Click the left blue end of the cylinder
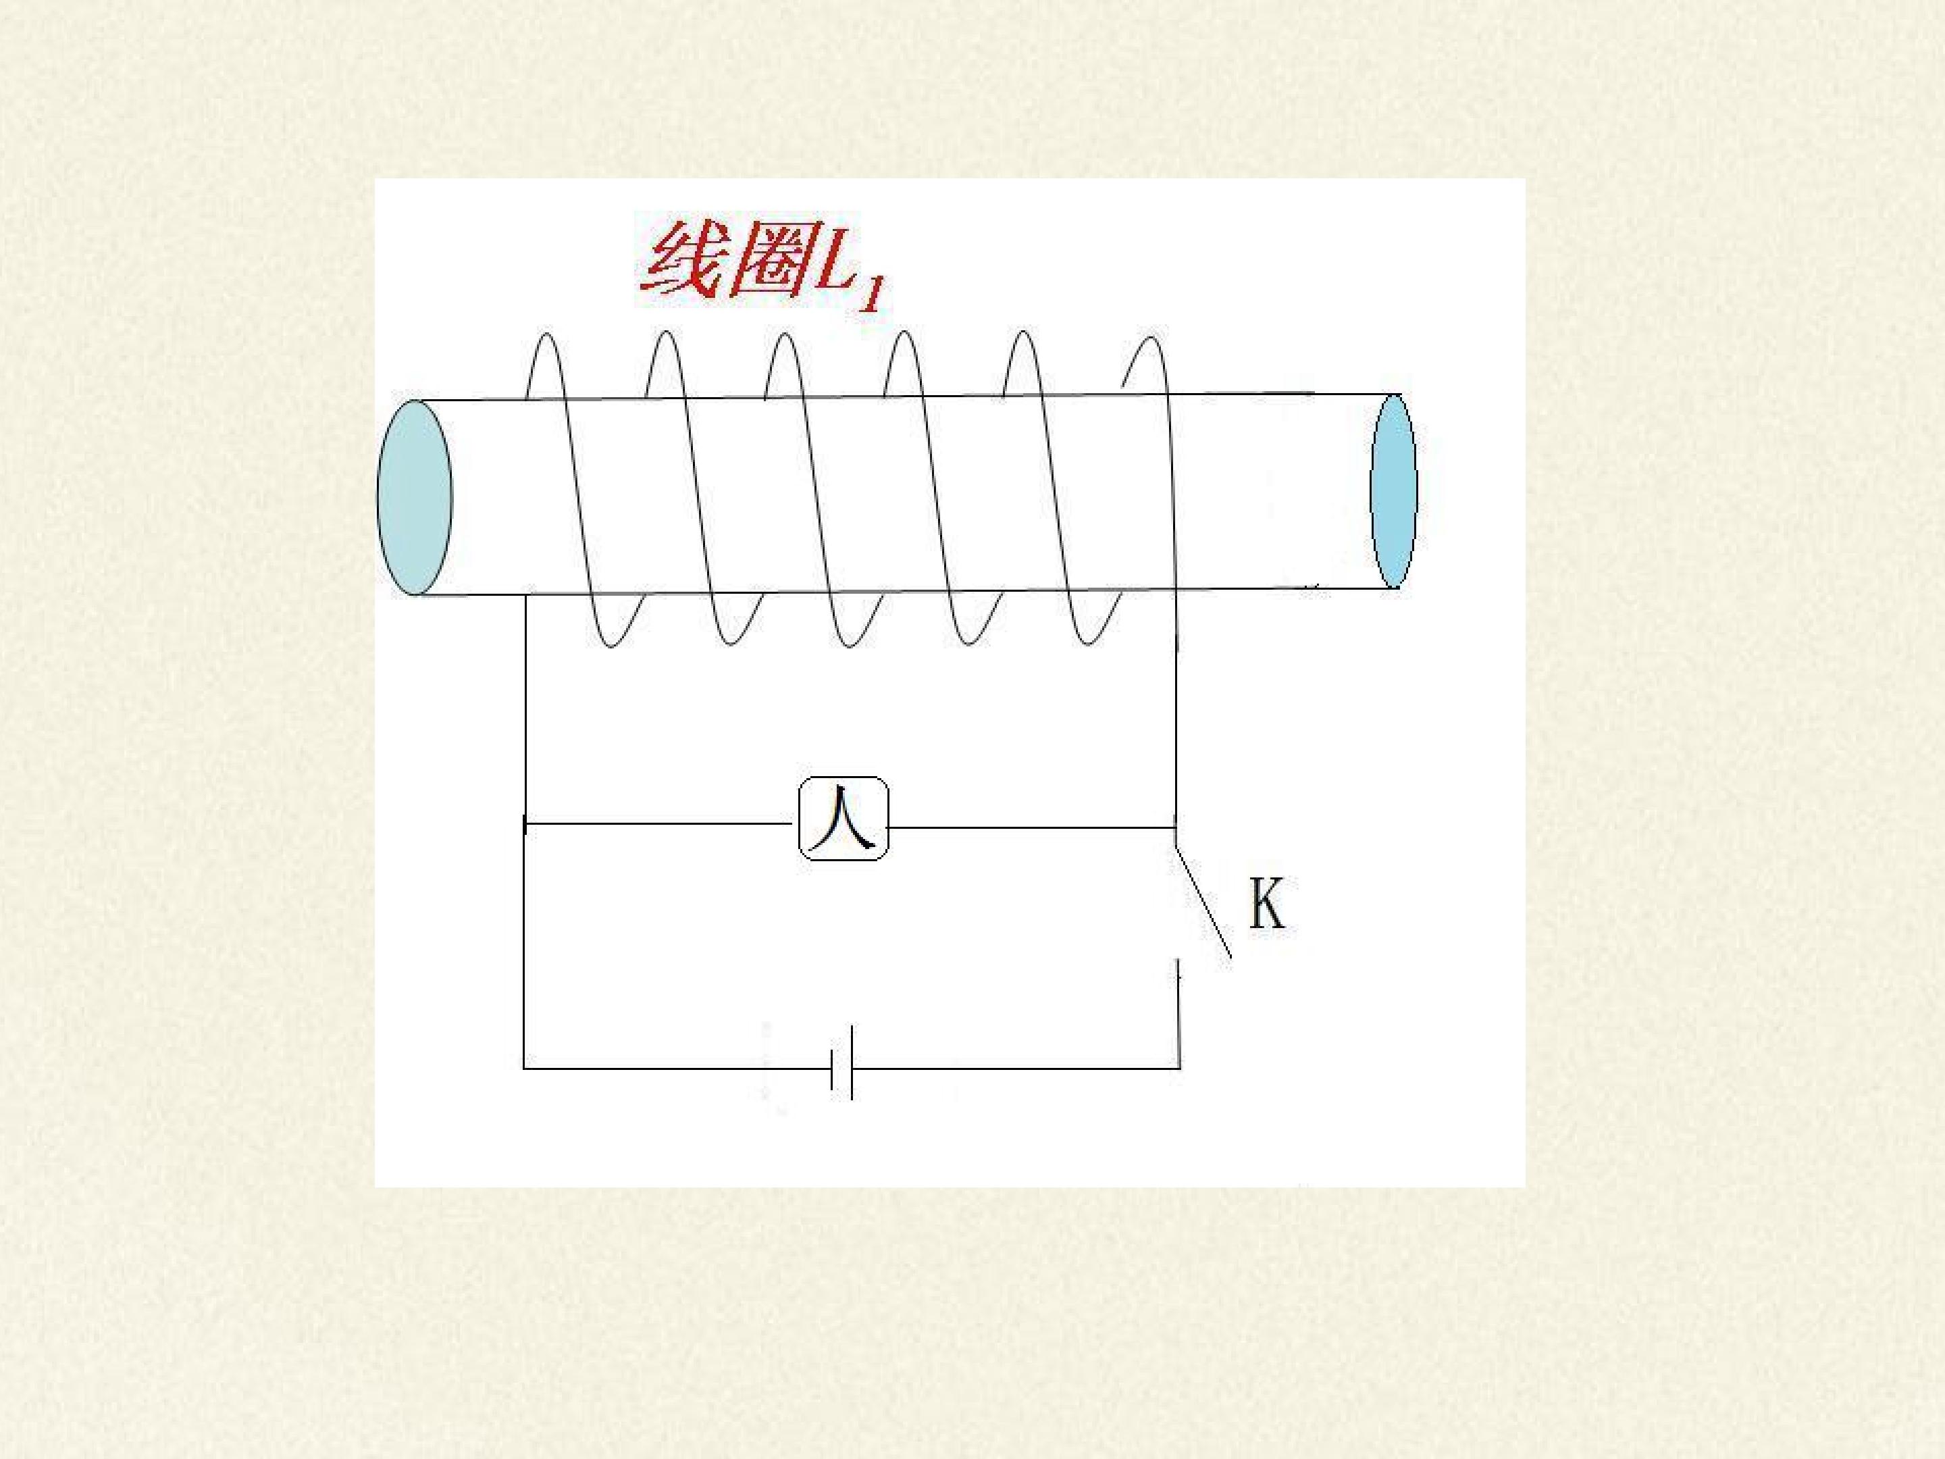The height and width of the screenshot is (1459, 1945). (x=414, y=497)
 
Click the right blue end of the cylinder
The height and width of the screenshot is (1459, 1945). (x=1394, y=491)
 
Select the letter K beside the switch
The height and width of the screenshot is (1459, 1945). (x=1267, y=903)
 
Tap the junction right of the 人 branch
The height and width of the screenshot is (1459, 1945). (x=1176, y=827)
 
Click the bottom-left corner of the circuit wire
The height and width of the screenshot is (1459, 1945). (x=524, y=1069)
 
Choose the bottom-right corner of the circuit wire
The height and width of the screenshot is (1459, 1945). (x=1179, y=1068)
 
